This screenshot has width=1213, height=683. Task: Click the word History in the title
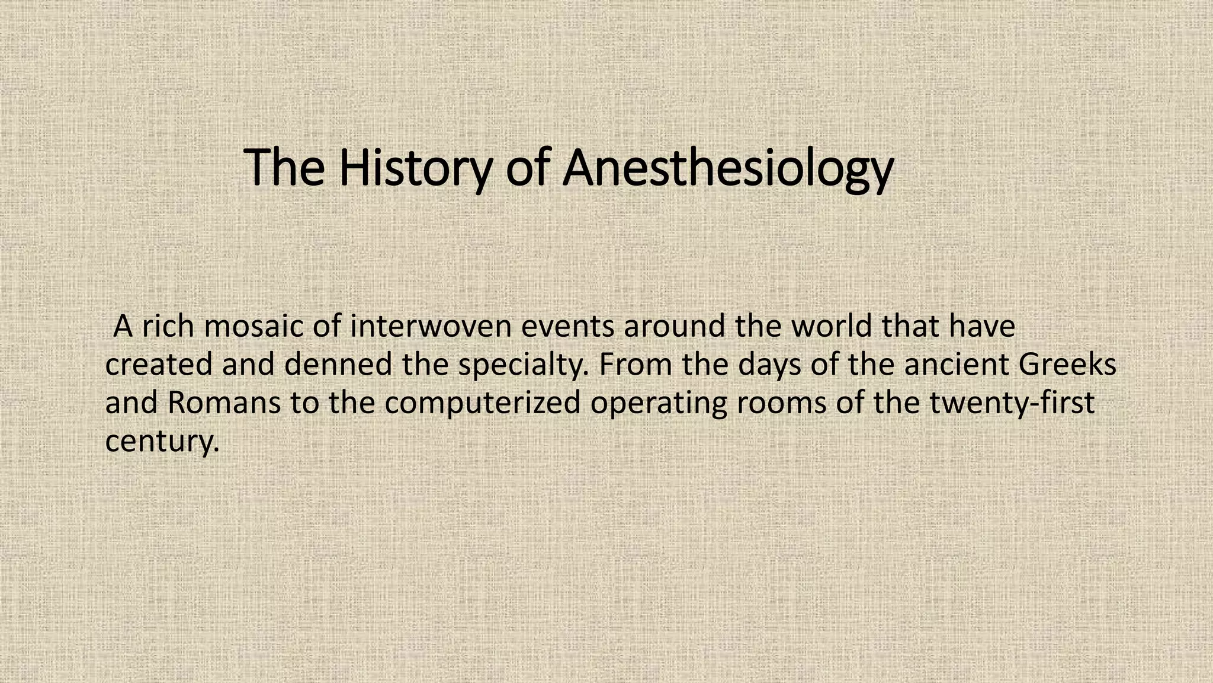pos(415,168)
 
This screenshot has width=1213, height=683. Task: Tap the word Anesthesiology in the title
pos(727,168)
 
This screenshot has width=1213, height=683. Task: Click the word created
pos(158,364)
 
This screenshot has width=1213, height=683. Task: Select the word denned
pos(338,364)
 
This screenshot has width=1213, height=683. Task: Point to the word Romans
pos(224,403)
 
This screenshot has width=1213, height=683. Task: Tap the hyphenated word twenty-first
pos(1012,403)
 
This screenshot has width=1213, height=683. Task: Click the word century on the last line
pos(162,441)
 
